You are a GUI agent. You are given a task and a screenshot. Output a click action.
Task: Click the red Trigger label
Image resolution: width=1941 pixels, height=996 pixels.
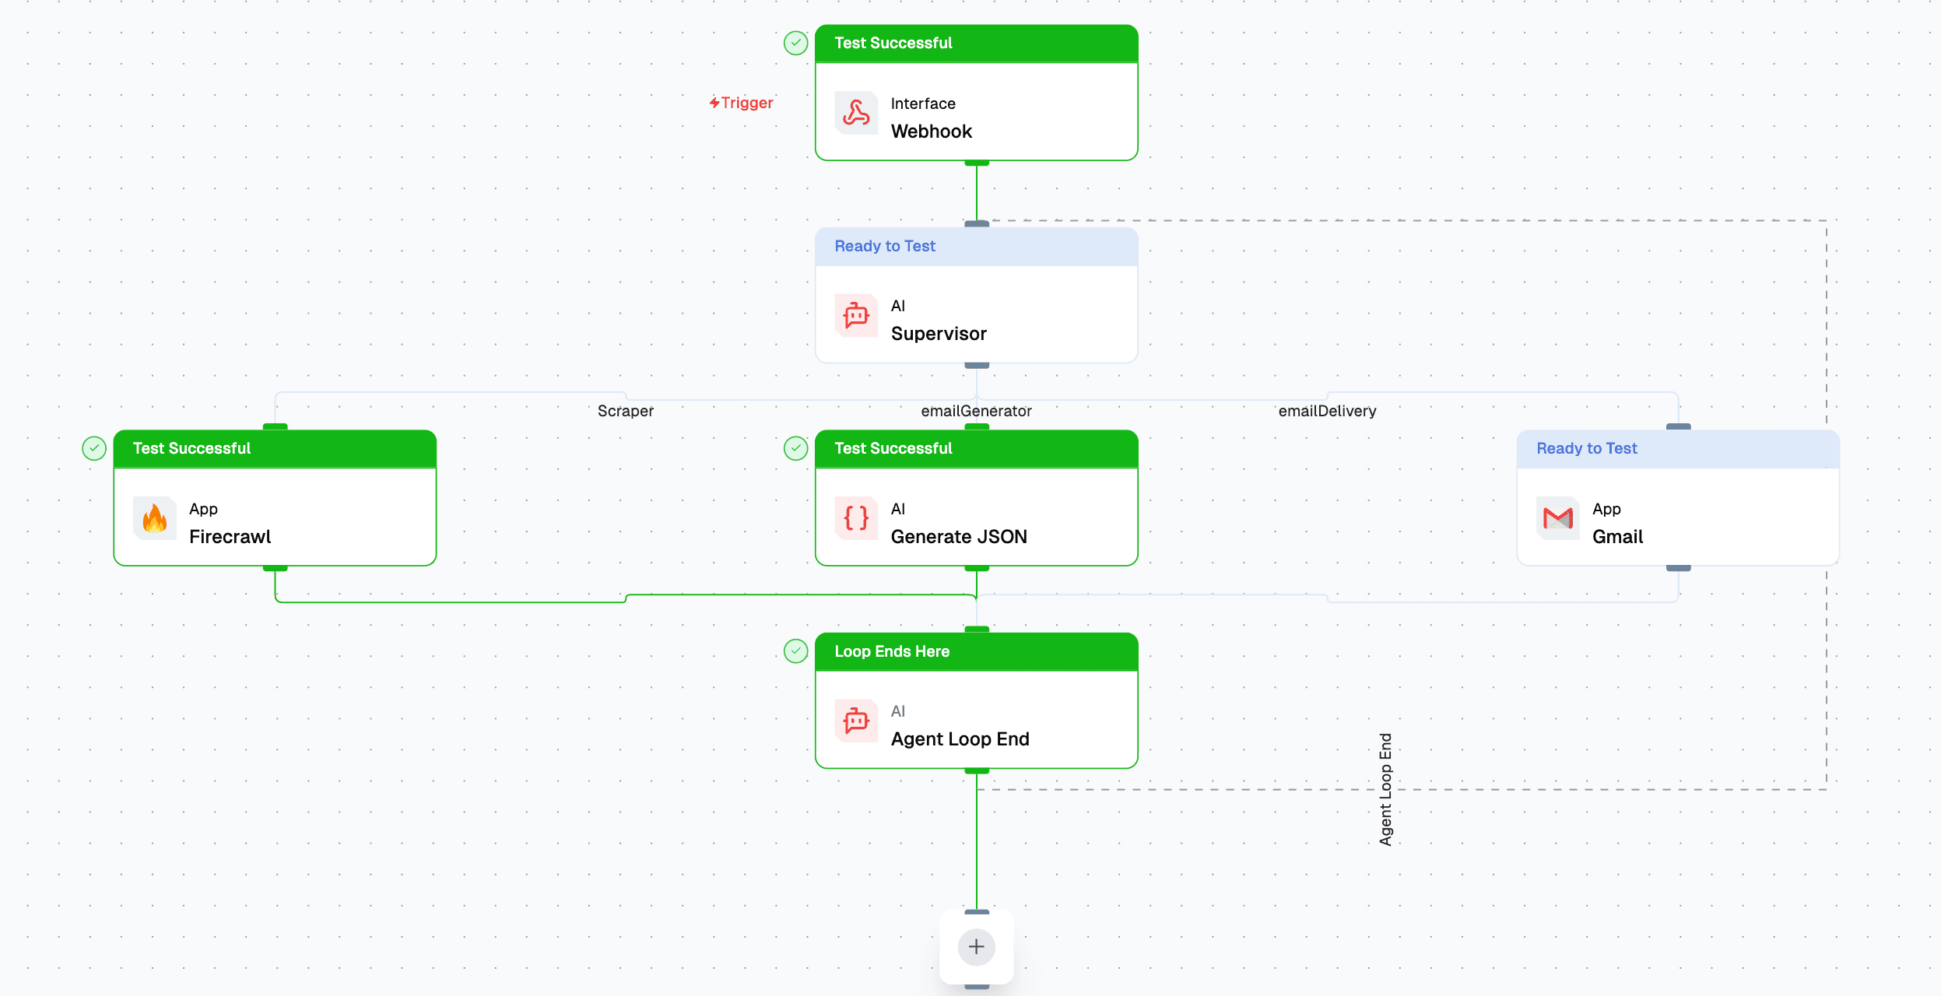point(742,103)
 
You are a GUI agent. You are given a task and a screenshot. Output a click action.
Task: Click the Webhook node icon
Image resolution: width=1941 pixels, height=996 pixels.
point(856,114)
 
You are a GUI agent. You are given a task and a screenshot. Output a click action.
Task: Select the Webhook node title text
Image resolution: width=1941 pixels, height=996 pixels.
point(931,132)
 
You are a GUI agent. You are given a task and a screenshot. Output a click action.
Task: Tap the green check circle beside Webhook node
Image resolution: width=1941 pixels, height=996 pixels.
point(795,43)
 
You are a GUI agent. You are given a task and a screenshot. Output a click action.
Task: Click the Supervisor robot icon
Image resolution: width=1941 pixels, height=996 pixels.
point(856,316)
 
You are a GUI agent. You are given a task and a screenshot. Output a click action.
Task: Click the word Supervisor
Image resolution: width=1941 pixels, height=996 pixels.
point(938,334)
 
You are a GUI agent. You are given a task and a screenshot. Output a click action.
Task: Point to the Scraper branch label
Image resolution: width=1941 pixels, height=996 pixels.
point(625,411)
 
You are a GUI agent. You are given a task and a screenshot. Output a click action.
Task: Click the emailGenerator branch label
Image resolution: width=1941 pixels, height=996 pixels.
point(976,411)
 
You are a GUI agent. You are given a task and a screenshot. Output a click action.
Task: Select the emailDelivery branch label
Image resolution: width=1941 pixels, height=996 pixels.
point(1327,411)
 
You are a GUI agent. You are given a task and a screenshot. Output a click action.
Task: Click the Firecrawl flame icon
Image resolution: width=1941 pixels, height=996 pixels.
point(155,518)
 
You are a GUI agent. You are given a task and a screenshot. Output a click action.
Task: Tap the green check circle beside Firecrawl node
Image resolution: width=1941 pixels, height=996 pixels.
point(94,448)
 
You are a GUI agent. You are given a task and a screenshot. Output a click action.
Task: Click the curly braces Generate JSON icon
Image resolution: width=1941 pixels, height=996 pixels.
point(856,518)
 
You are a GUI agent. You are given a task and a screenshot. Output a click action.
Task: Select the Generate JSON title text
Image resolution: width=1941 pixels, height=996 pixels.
point(958,537)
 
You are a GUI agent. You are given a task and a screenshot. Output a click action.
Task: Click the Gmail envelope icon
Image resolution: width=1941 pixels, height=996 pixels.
point(1557,518)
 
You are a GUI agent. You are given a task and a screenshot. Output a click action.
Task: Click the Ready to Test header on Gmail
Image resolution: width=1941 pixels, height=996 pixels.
point(1586,448)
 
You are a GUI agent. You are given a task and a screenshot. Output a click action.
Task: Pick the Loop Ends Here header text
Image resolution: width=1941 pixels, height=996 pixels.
point(892,651)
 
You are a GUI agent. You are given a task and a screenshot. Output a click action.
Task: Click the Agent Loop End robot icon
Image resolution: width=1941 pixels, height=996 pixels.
point(856,721)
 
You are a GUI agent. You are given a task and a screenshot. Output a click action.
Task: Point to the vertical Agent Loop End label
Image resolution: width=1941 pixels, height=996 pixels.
point(1385,789)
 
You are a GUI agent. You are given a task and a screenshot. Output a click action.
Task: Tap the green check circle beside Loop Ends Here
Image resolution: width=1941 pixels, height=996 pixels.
point(795,651)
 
